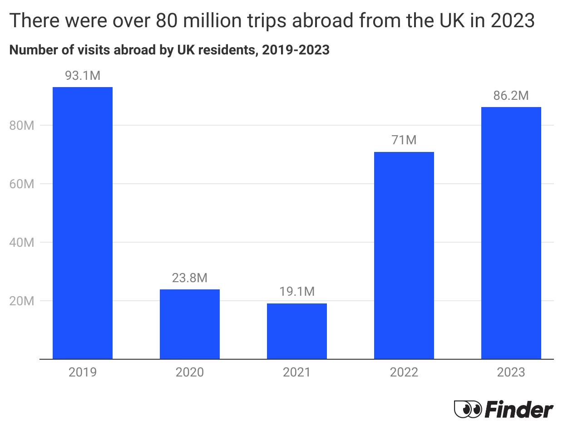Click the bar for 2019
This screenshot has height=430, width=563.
(83, 223)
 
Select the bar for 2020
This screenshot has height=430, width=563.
(190, 324)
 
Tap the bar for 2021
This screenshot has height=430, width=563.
(297, 331)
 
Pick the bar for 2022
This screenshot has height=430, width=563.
(404, 255)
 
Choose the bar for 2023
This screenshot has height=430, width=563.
(511, 233)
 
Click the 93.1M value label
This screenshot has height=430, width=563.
(83, 76)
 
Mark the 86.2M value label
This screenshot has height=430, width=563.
(511, 96)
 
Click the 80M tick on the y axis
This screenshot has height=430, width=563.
(22, 126)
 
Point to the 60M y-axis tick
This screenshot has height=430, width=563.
(22, 184)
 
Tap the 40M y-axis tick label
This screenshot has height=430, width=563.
(22, 243)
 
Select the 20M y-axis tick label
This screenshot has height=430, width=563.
(22, 301)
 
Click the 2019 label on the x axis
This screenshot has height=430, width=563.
(83, 372)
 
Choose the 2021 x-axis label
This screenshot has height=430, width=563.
(297, 372)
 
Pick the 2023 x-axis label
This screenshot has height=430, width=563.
(511, 372)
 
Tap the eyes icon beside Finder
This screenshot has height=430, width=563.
(467, 410)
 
